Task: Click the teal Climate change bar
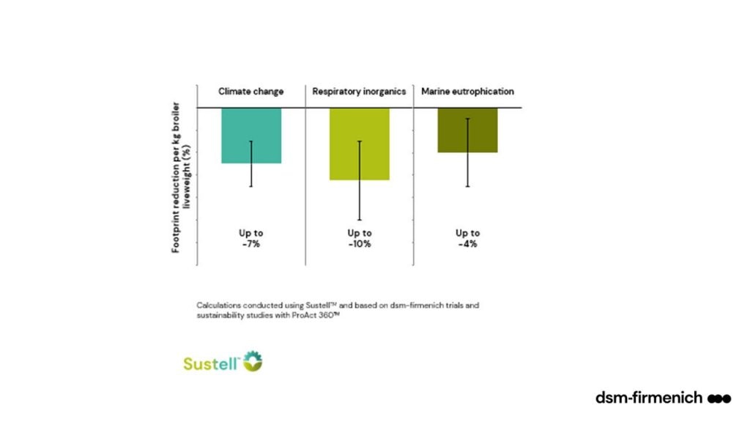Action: point(251,135)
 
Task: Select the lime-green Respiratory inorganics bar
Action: point(359,144)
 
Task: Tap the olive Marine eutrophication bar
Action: point(467,130)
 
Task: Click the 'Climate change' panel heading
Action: point(251,92)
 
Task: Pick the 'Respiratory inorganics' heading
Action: point(360,92)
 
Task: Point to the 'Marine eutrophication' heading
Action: point(467,92)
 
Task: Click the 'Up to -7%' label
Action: point(251,238)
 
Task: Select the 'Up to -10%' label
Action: point(359,238)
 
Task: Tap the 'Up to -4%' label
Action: point(467,238)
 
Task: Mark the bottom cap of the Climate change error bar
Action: point(251,186)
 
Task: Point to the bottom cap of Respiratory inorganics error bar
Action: point(359,220)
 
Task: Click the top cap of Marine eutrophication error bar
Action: point(467,119)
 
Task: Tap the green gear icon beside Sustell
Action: point(253,360)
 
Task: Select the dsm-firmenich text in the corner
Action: point(650,398)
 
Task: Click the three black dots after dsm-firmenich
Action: point(719,398)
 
